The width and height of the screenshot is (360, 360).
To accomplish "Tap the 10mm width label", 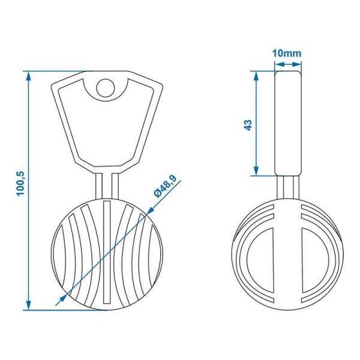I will (x=286, y=53).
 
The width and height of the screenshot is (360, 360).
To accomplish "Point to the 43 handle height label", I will (x=248, y=124).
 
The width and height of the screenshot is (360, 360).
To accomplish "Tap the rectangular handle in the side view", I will (x=287, y=123).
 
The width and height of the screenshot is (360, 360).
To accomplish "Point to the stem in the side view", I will (x=287, y=187).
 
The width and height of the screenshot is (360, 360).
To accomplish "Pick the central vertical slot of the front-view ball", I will (x=107, y=252).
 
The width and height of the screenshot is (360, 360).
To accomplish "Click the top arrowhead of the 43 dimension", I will (x=256, y=76).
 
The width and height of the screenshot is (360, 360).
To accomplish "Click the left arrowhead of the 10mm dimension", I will (x=277, y=61).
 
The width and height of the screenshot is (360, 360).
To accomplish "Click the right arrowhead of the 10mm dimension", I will (x=298, y=61).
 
